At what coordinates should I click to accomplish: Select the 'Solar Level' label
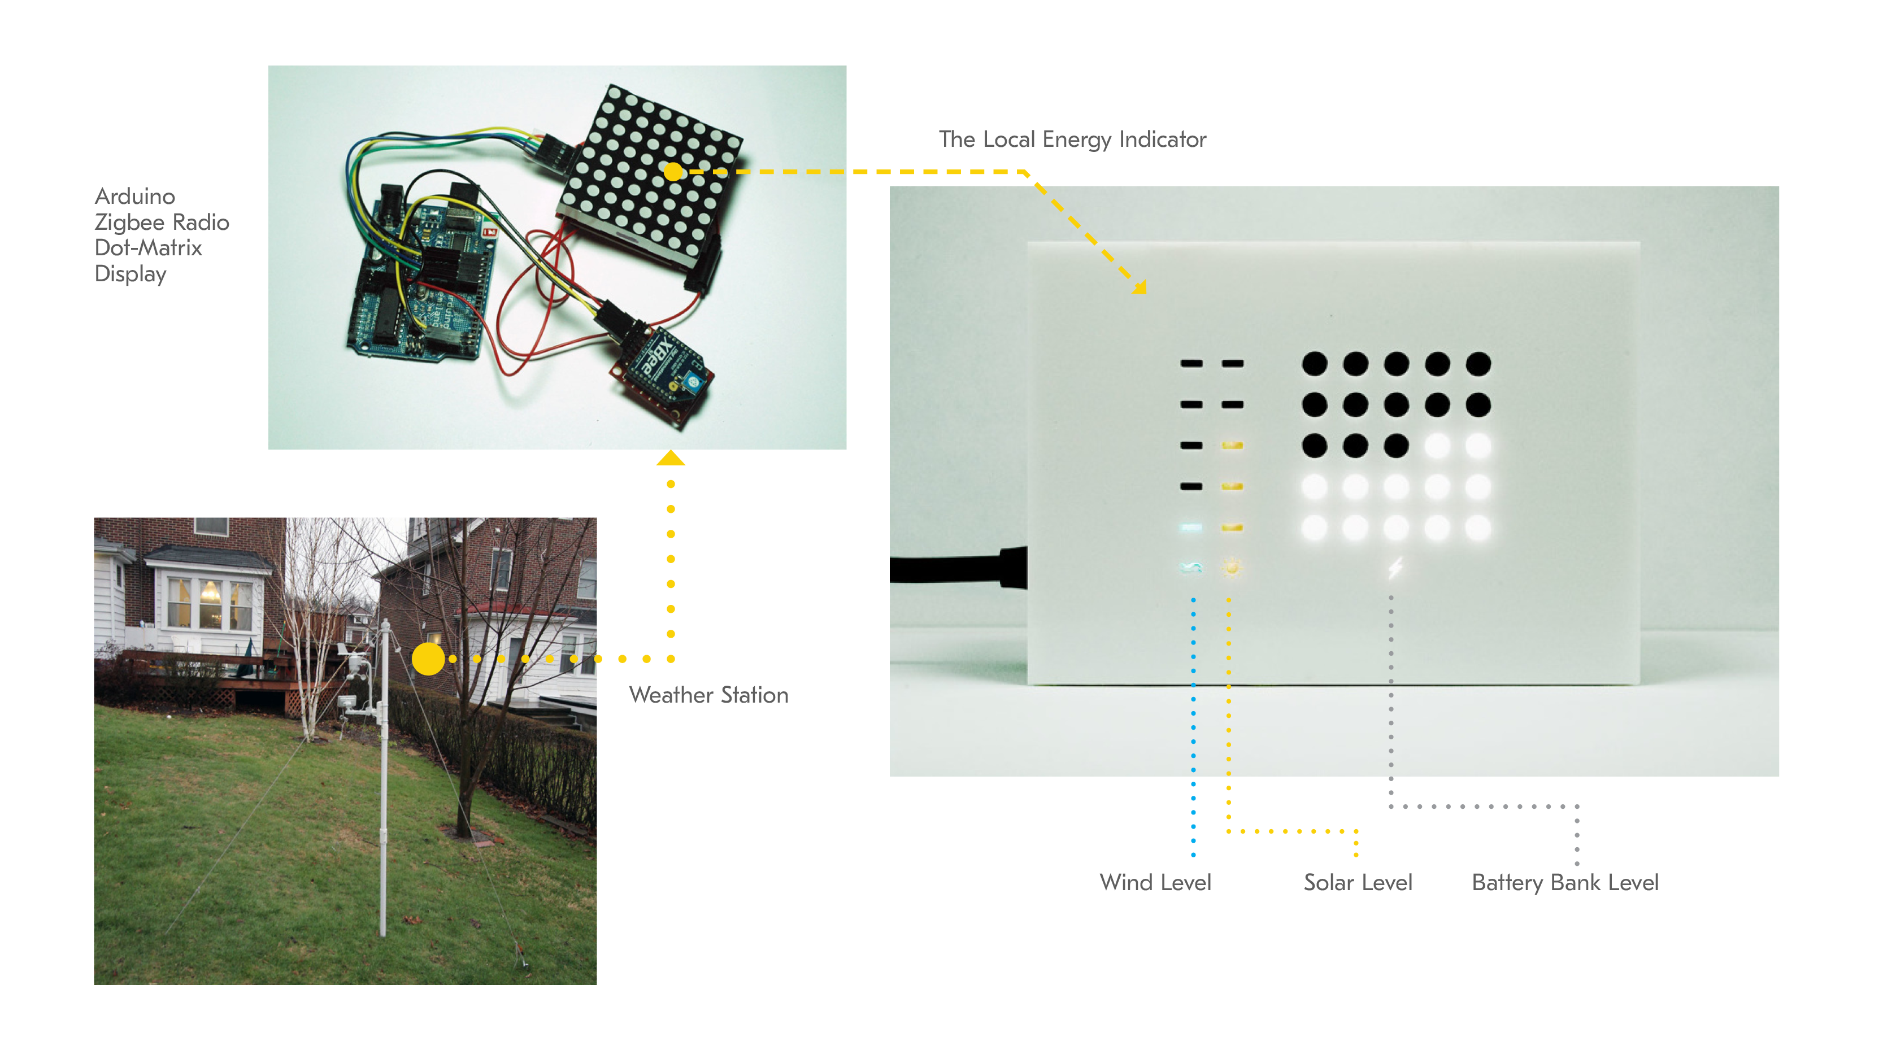[x=1358, y=882]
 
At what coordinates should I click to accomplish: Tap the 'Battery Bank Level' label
[x=1564, y=882]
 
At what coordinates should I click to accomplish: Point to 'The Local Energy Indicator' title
[x=1072, y=139]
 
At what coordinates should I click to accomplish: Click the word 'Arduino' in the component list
[x=135, y=196]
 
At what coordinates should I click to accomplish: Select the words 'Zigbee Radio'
[x=162, y=222]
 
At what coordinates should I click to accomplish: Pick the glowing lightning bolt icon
[x=1395, y=568]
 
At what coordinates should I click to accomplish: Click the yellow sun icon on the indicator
[x=1232, y=567]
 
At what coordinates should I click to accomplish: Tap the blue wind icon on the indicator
[x=1191, y=567]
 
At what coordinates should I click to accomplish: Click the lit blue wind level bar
[x=1191, y=527]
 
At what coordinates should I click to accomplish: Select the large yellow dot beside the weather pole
[x=428, y=659]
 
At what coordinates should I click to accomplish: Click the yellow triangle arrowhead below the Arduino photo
[x=670, y=459]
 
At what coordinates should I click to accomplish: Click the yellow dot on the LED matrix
[x=673, y=172]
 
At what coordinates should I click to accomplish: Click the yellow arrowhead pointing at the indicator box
[x=1140, y=287]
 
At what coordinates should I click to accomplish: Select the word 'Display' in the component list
[x=131, y=274]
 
